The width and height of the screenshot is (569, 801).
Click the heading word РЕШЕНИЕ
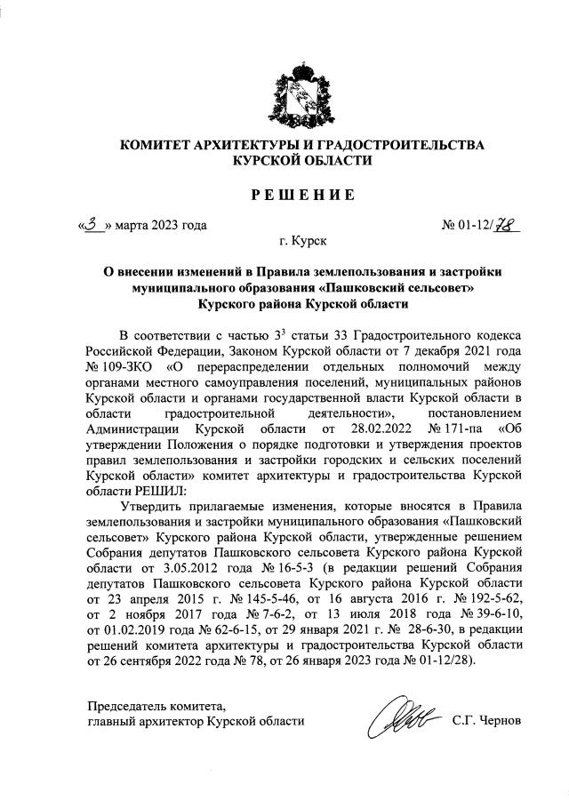click(284, 195)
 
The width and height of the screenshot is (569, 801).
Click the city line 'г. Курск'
click(302, 241)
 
